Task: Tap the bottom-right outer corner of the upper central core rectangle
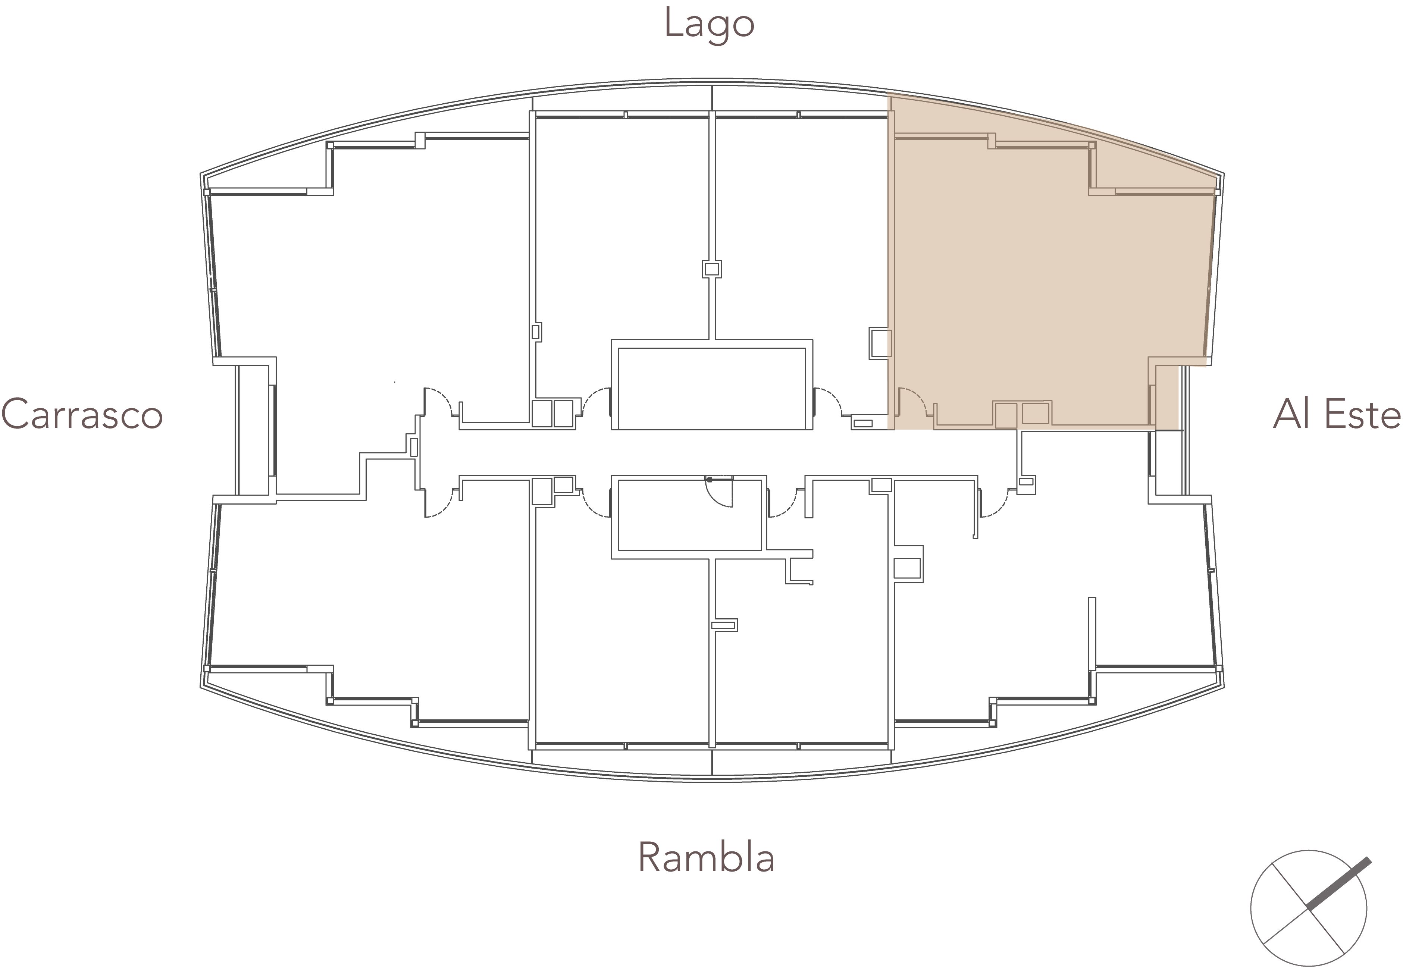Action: coord(813,430)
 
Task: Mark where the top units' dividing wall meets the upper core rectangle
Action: coord(712,340)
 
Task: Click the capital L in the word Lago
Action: coord(672,23)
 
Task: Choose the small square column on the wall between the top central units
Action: coord(712,269)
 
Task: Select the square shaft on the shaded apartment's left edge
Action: coord(880,343)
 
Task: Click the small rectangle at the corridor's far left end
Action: coord(414,447)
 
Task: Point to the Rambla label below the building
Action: coord(707,857)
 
